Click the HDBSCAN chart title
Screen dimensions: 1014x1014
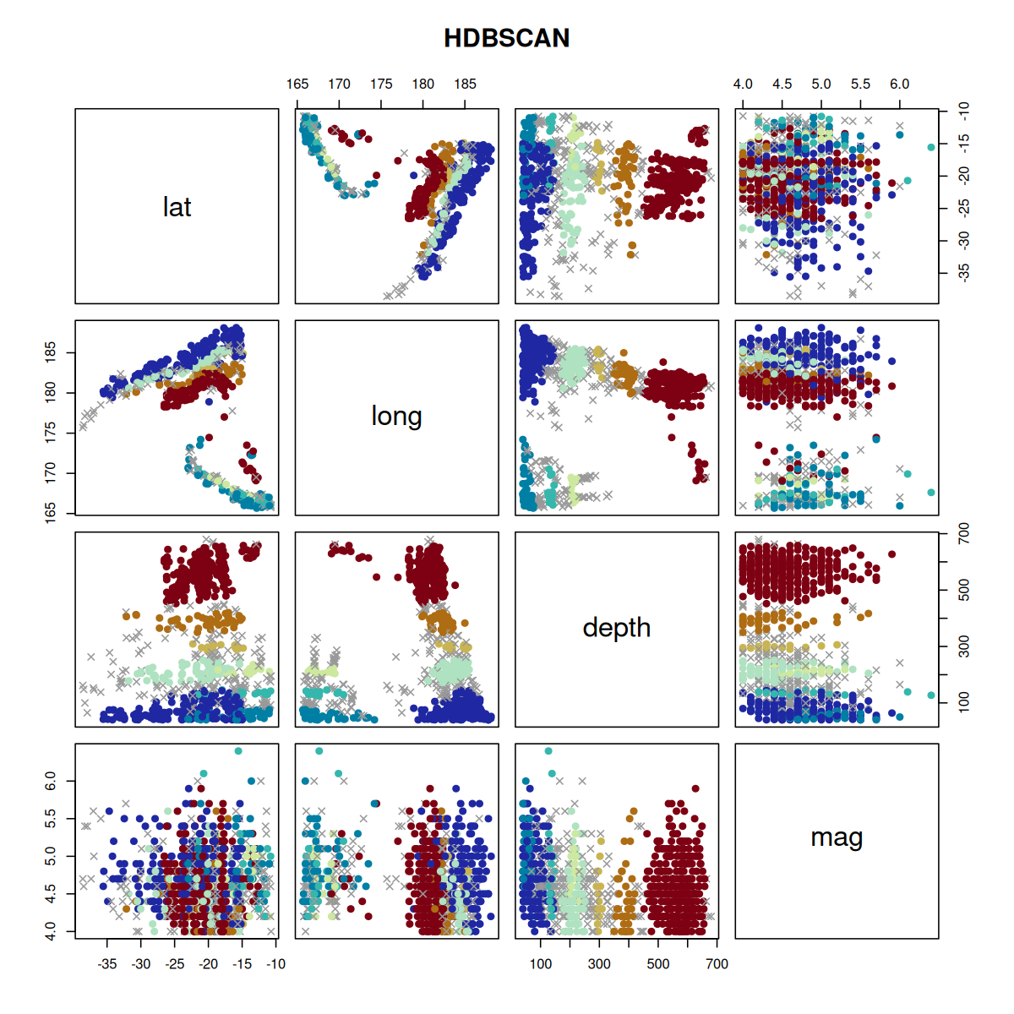[x=507, y=38]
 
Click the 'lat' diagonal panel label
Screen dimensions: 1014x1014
[x=177, y=207]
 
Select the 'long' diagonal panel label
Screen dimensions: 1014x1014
[x=396, y=416]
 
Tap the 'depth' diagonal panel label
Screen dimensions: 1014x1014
[x=616, y=628]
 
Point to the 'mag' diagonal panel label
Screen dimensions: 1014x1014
[x=837, y=837]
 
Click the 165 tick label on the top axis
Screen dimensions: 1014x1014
[x=297, y=84]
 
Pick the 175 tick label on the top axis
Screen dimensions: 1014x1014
[x=381, y=84]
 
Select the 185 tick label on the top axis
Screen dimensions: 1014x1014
[x=465, y=84]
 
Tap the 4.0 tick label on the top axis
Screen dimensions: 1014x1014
[x=743, y=84]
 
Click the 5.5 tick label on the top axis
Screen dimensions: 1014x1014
[x=860, y=84]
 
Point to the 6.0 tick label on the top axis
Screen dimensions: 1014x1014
[x=899, y=84]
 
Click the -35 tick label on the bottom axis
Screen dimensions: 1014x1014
[x=107, y=963]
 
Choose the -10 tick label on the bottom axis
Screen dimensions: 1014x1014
[x=276, y=963]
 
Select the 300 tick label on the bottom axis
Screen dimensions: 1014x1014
[x=599, y=963]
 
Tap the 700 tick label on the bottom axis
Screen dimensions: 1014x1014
[x=717, y=963]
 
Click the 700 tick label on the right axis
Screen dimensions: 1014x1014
[x=964, y=534]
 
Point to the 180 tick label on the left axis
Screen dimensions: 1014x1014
[x=52, y=392]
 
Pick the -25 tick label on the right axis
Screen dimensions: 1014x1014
[x=964, y=208]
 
